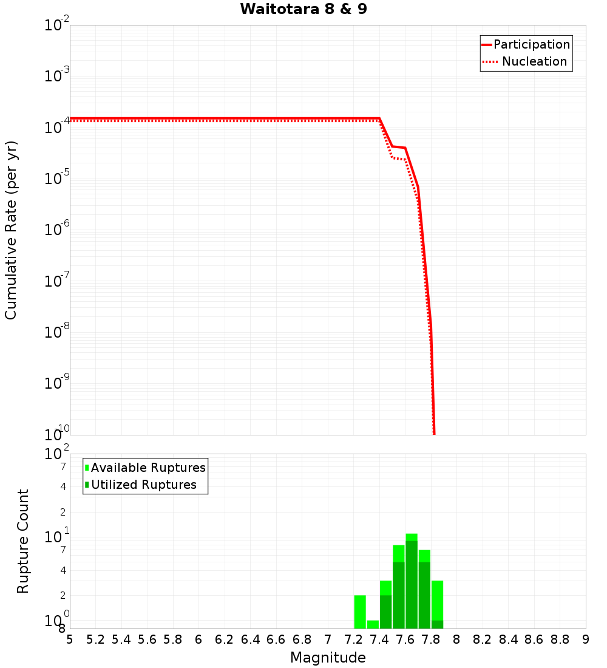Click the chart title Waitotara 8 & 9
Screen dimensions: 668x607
(303, 10)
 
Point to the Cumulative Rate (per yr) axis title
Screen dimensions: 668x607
(11, 230)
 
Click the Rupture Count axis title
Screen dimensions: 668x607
(23, 541)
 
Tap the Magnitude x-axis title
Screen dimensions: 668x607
(328, 658)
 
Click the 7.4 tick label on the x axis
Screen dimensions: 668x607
(379, 639)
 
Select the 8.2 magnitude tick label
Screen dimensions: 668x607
(483, 639)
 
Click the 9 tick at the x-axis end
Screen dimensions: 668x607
(585, 639)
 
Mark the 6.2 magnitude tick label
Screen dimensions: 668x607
(225, 639)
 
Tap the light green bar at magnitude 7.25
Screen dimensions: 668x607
(360, 612)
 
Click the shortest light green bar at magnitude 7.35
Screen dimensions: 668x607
(373, 624)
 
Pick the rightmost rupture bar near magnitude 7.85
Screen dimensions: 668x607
(437, 605)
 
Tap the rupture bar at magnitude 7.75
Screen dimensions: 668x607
(424, 590)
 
